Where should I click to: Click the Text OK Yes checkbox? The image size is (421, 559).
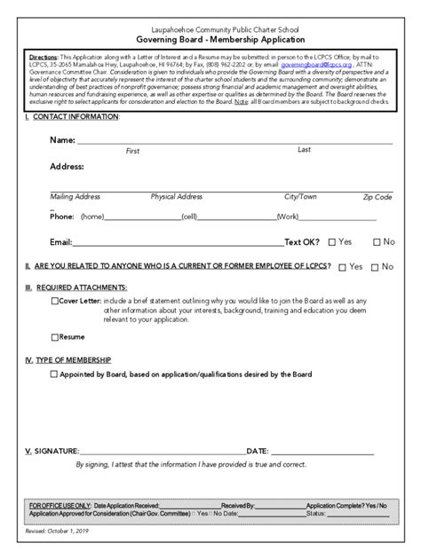(x=332, y=241)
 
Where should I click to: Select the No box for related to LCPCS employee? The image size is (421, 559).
(x=375, y=266)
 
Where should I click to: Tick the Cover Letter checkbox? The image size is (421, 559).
(x=55, y=301)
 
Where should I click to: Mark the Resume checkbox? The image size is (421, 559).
(x=55, y=337)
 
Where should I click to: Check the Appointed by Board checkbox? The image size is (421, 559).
(x=55, y=374)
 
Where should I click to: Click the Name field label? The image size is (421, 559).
(x=62, y=140)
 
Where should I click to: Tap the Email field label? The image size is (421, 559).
(x=60, y=241)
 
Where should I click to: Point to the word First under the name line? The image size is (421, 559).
(x=132, y=151)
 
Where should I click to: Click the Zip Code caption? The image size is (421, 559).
(x=377, y=197)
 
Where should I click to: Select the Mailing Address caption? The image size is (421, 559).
(x=75, y=197)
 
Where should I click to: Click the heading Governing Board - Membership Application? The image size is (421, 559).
(x=210, y=41)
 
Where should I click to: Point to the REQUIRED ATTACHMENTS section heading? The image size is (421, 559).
(x=81, y=287)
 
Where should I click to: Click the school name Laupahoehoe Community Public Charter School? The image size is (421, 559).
(x=210, y=29)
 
